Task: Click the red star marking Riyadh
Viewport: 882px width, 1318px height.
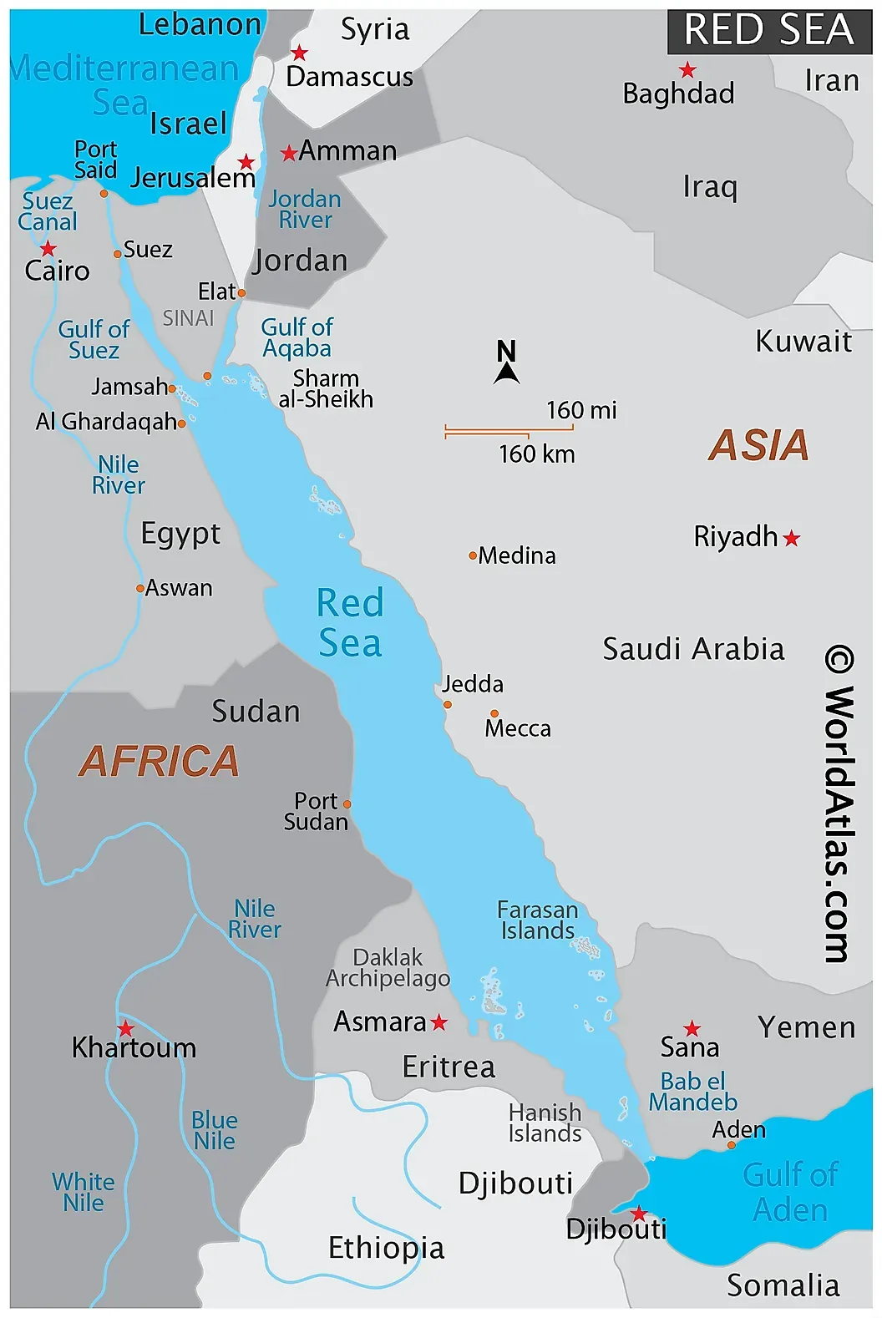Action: click(x=792, y=539)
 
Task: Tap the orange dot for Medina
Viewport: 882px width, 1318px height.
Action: click(x=473, y=555)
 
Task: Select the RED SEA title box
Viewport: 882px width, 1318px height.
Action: click(x=768, y=30)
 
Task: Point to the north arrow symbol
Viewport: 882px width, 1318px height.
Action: click(x=506, y=362)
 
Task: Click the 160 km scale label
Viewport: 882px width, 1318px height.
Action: click(x=536, y=454)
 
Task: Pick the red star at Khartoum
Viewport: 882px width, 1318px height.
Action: click(x=125, y=1028)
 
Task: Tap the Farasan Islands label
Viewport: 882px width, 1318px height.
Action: click(x=537, y=920)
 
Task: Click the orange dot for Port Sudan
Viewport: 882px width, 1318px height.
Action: click(x=347, y=804)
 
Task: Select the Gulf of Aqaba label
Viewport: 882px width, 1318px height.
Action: click(x=297, y=337)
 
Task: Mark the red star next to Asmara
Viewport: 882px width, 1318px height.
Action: click(x=439, y=1022)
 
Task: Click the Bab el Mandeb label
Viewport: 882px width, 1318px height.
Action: click(x=692, y=1092)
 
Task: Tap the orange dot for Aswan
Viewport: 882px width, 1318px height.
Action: click(x=140, y=588)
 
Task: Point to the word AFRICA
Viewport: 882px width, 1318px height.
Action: click(x=159, y=762)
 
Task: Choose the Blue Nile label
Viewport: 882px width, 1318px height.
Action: click(x=215, y=1130)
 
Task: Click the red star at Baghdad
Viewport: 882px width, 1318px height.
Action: click(x=687, y=70)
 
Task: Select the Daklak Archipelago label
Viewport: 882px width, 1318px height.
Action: click(x=388, y=967)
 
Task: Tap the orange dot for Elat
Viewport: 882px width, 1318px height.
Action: click(x=241, y=293)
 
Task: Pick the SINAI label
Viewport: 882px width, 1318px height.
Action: click(x=188, y=318)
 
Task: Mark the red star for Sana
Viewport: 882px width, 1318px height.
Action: click(x=692, y=1028)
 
